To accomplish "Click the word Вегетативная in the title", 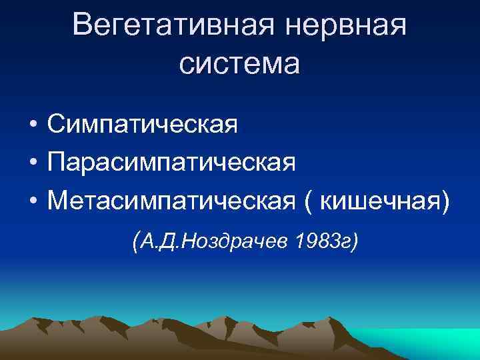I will click(174, 26).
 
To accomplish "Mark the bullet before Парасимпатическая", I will click(32, 163).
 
